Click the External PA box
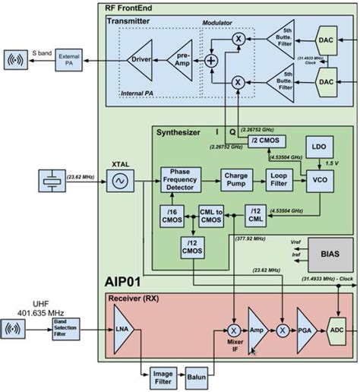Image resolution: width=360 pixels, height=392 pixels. pyautogui.click(x=65, y=58)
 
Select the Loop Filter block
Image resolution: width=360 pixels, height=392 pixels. pyautogui.click(x=278, y=180)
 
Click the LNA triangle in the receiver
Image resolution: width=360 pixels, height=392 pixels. pyautogui.click(x=122, y=330)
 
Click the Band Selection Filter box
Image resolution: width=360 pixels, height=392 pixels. pyautogui.click(x=65, y=330)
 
